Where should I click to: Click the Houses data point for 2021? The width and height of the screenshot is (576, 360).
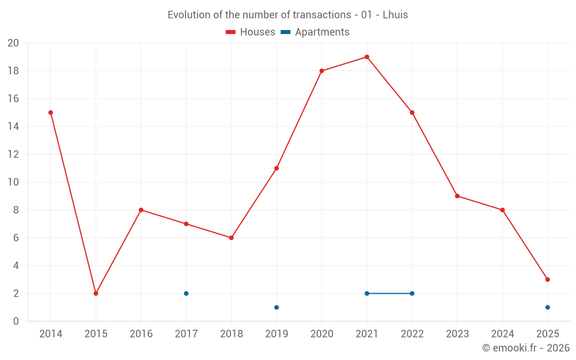coord(367,57)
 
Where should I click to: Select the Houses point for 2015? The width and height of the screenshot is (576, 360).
coord(96,293)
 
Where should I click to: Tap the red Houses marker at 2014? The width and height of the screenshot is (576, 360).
coord(51,112)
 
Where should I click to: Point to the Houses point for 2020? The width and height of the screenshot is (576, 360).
coord(321,71)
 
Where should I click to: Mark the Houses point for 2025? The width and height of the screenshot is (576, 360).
coord(547,279)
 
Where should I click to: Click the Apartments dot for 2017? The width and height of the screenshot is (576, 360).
coord(186,293)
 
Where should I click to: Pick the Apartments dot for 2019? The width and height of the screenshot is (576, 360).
coord(276,307)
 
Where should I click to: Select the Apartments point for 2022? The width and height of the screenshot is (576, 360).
coord(412,293)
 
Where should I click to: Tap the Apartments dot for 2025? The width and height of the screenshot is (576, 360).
coord(547,307)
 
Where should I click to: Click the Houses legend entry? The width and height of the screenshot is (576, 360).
coord(251,32)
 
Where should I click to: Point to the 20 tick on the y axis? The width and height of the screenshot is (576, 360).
coord(13,43)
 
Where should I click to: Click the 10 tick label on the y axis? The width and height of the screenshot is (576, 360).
coord(13,182)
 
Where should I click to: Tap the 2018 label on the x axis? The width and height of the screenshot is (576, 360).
coord(231,334)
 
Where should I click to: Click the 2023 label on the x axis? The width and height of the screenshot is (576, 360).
coord(457,334)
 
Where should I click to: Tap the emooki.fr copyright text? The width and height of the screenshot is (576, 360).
coord(526,348)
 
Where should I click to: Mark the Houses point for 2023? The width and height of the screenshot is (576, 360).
coord(457,196)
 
